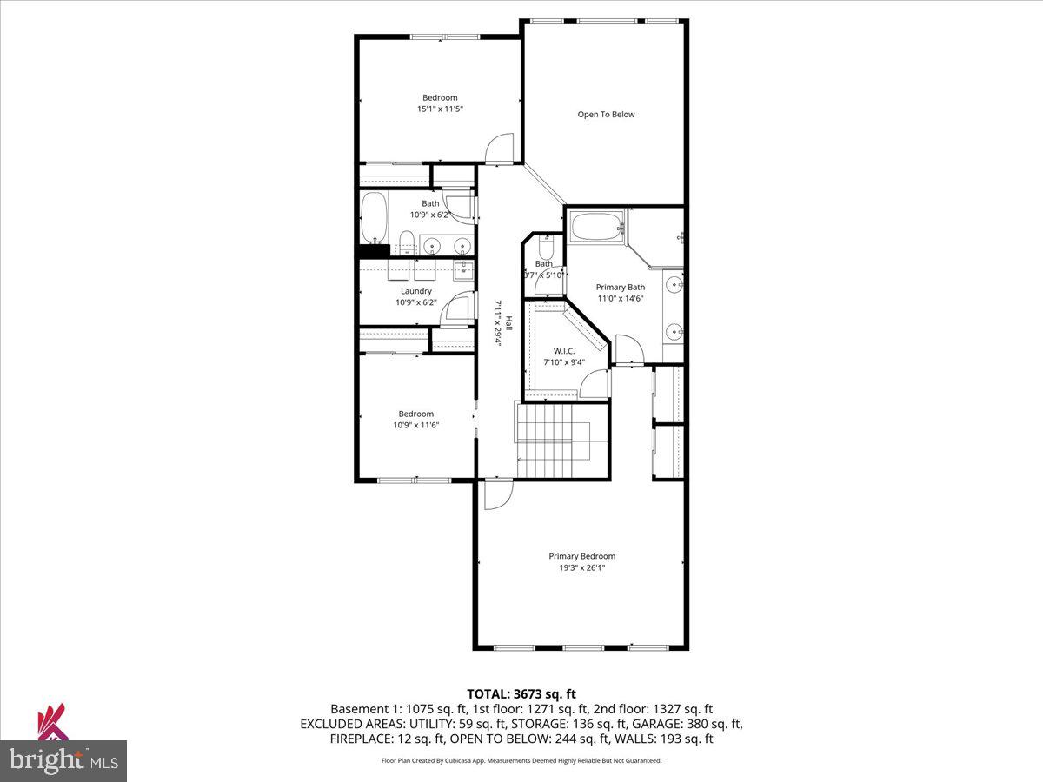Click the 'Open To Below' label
pyautogui.click(x=606, y=114)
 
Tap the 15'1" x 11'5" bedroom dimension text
pyautogui.click(x=440, y=109)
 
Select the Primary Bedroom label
pyautogui.click(x=581, y=556)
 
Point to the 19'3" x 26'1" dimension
pyautogui.click(x=581, y=568)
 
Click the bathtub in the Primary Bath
pyautogui.click(x=596, y=228)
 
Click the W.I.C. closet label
pyautogui.click(x=564, y=350)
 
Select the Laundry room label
pyautogui.click(x=415, y=291)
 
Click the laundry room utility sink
pyautogui.click(x=464, y=268)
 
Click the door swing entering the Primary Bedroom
pyautogui.click(x=496, y=495)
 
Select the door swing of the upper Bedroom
pyautogui.click(x=501, y=149)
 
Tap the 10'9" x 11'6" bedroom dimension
pyautogui.click(x=415, y=425)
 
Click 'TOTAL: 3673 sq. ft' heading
pyautogui.click(x=521, y=693)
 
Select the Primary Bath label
pyautogui.click(x=620, y=287)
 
